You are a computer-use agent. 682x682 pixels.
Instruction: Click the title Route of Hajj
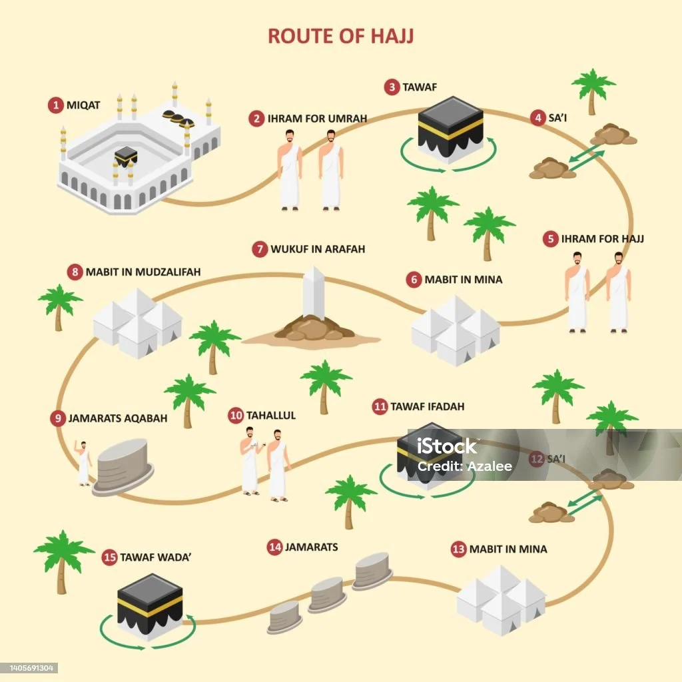click(x=340, y=36)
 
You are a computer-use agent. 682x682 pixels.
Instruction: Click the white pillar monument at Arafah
click(x=312, y=295)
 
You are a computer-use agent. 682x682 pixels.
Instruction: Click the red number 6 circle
click(x=414, y=280)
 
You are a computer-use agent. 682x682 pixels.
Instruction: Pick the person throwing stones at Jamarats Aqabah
click(x=83, y=462)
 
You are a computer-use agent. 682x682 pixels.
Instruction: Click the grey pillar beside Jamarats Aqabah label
click(x=123, y=466)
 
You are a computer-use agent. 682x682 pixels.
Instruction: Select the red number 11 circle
click(x=380, y=406)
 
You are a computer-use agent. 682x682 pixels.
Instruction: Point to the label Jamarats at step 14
click(x=311, y=547)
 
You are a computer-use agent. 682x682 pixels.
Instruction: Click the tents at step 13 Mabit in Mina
click(x=501, y=599)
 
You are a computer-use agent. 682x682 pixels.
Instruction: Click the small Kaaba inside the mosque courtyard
click(x=125, y=157)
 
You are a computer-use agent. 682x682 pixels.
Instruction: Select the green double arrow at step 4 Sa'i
click(x=585, y=159)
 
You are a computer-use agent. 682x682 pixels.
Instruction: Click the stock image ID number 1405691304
click(x=31, y=668)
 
